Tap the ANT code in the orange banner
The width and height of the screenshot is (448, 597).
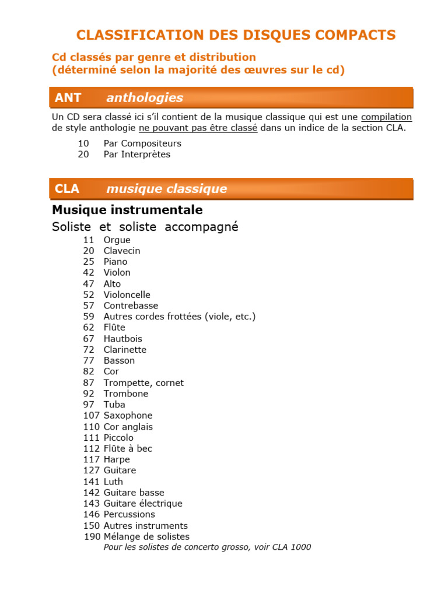pos(68,98)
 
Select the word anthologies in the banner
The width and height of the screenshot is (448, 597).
pos(145,98)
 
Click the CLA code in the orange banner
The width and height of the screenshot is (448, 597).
pos(67,189)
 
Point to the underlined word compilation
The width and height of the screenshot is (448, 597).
pos(386,117)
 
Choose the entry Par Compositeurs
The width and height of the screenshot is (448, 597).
pos(142,143)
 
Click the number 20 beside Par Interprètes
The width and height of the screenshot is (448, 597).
pos(83,154)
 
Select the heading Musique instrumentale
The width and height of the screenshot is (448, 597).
pos(127,209)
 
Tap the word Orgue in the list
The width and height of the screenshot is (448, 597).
pos(117,240)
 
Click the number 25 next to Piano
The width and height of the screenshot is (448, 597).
pos(89,262)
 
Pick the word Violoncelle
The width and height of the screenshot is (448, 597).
pos(127,295)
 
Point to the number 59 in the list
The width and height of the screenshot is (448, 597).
pos(89,317)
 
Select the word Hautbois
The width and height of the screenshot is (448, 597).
pos(123,339)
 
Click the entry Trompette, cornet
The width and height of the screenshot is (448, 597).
pos(143,383)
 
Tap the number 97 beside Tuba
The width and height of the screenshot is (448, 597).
pos(89,405)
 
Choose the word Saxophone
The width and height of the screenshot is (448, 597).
pos(128,416)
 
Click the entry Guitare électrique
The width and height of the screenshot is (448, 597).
pos(143,504)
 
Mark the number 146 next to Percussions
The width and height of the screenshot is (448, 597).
pos(92,514)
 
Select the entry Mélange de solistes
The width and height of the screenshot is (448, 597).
pos(146,536)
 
